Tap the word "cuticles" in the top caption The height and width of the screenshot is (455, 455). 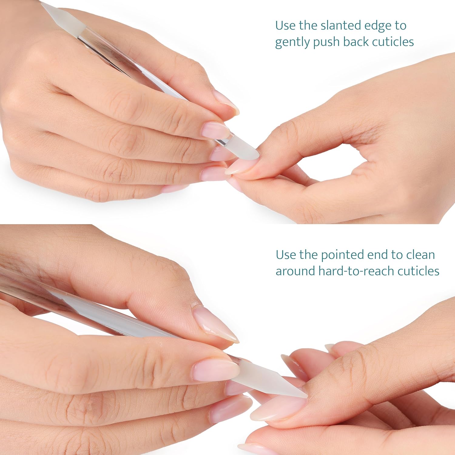point(393,42)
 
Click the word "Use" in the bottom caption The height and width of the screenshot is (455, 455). point(286,255)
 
